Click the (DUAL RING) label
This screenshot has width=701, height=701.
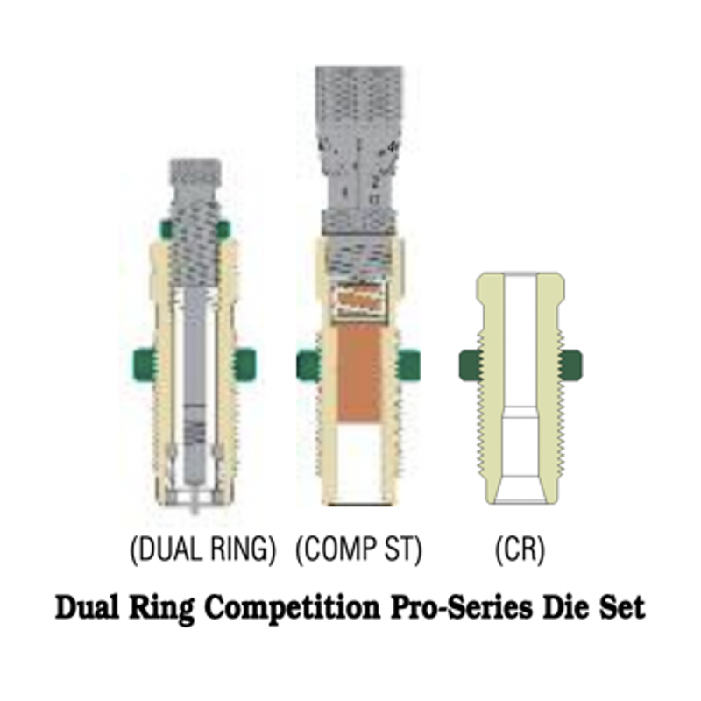[202, 549]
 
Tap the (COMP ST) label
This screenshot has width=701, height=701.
[358, 549]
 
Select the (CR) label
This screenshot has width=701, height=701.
[520, 549]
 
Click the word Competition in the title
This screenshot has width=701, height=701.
[293, 608]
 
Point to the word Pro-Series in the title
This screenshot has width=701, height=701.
[462, 607]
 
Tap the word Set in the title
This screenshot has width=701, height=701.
[622, 607]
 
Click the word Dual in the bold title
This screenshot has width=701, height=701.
[87, 607]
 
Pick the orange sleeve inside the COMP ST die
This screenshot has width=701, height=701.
[359, 372]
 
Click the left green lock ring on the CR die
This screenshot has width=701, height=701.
[470, 365]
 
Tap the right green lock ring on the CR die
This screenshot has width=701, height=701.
[571, 365]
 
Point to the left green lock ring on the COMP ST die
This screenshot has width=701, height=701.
[308, 365]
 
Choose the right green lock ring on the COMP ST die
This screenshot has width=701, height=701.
[408, 365]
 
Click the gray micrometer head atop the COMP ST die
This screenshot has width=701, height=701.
[359, 150]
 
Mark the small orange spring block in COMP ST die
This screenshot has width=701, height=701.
[360, 300]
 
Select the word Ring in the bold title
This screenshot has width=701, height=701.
[161, 608]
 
